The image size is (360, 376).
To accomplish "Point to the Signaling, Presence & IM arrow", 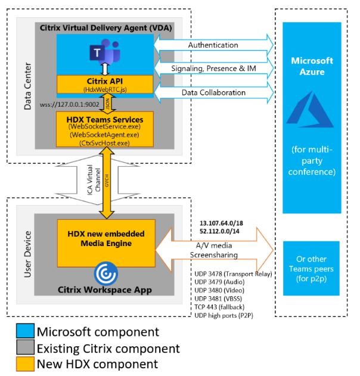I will (x=212, y=69).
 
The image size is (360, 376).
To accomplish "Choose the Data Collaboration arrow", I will (x=212, y=94).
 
